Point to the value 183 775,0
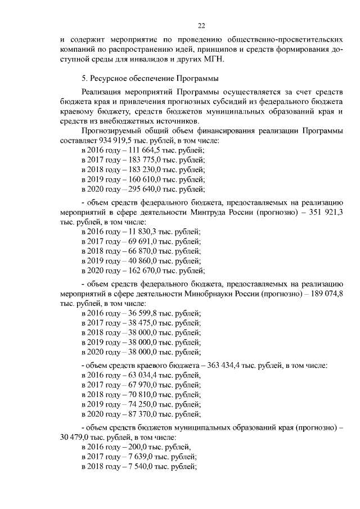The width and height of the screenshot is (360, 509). (147, 160)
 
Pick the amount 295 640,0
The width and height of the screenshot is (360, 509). (147, 189)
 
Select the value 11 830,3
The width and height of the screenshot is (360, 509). (145, 232)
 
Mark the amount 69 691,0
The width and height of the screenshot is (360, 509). (145, 241)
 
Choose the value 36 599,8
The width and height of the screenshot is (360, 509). (145, 313)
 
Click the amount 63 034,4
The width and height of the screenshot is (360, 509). (145, 375)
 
